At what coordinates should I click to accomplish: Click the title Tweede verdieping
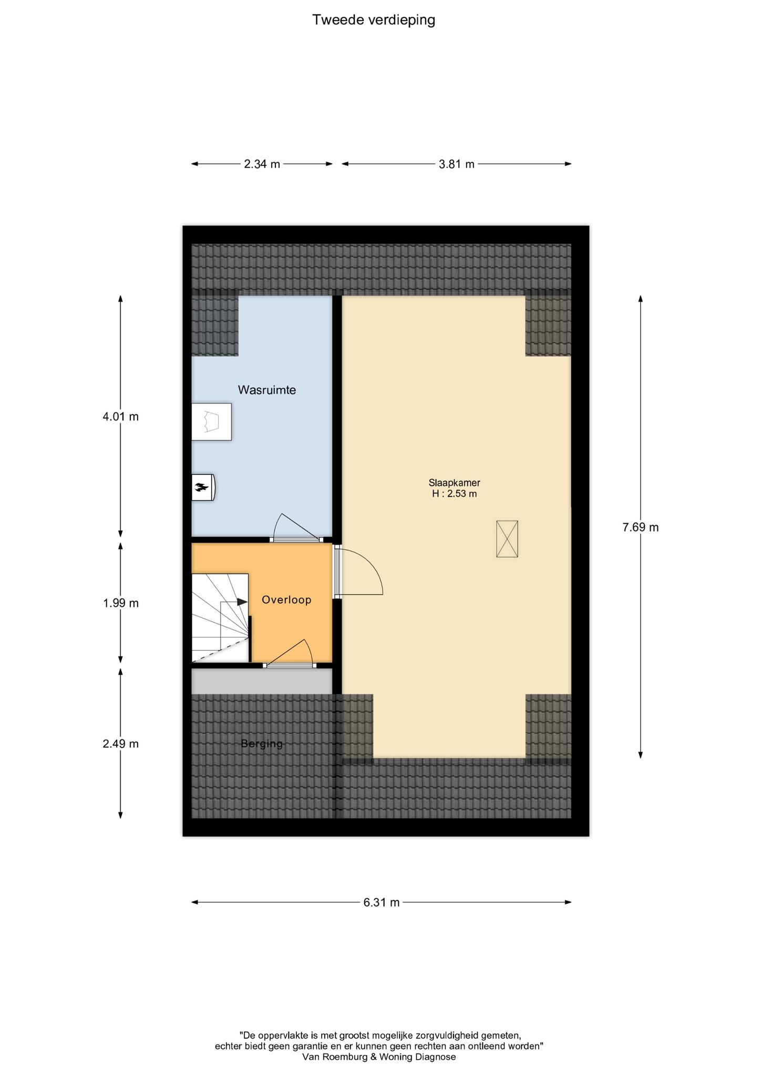click(x=374, y=20)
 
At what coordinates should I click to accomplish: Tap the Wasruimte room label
click(x=266, y=390)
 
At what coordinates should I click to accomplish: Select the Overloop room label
click(x=286, y=599)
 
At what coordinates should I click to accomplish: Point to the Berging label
click(x=262, y=743)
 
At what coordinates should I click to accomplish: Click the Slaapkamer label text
click(x=454, y=483)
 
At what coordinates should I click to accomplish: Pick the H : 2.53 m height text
click(x=455, y=494)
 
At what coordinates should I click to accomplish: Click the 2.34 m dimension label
click(x=262, y=164)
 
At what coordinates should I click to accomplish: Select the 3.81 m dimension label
click(x=457, y=164)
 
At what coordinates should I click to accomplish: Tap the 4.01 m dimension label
click(x=120, y=417)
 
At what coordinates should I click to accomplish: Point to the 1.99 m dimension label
click(x=120, y=603)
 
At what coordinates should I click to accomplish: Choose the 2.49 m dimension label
click(x=120, y=743)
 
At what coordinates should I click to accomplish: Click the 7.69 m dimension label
click(x=640, y=527)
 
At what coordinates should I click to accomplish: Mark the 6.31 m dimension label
click(x=382, y=902)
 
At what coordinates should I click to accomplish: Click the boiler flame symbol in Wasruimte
click(x=200, y=488)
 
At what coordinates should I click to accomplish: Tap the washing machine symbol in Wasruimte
click(x=211, y=421)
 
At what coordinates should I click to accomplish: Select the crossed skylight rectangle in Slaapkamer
click(x=507, y=539)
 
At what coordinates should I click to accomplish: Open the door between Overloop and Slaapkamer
click(x=359, y=570)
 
